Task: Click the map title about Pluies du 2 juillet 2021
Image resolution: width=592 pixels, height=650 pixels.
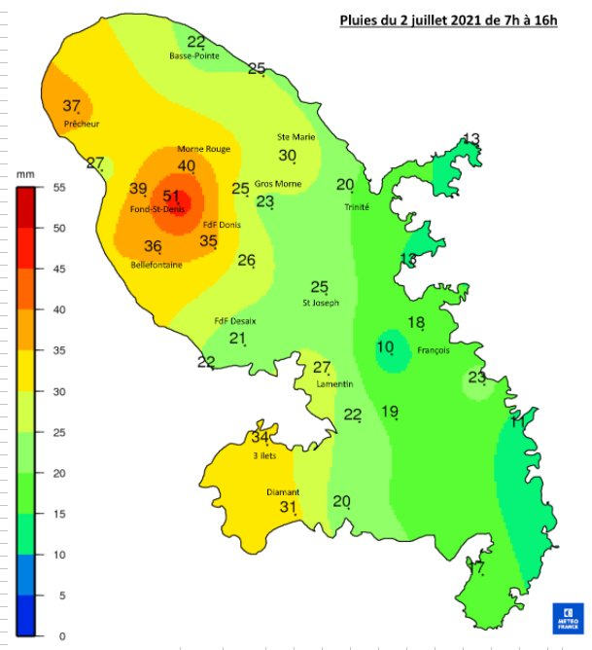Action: click(448, 18)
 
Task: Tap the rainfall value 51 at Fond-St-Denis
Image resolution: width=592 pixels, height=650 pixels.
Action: click(173, 196)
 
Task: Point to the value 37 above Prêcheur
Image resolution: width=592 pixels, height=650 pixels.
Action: click(71, 106)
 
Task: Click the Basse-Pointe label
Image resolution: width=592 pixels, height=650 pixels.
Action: click(194, 55)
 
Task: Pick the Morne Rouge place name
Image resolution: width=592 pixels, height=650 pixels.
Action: click(203, 149)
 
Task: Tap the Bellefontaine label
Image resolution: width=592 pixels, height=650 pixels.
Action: click(157, 264)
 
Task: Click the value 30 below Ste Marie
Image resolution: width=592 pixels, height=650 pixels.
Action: click(288, 156)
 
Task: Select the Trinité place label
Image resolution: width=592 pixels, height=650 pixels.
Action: click(357, 207)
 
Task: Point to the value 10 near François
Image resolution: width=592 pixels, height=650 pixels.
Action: click(386, 346)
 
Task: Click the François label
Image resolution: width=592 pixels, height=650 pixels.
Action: click(433, 350)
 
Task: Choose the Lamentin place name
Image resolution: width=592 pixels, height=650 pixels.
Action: click(334, 383)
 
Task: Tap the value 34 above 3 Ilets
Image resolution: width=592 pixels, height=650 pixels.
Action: click(259, 438)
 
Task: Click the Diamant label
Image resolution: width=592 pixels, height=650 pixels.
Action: click(283, 492)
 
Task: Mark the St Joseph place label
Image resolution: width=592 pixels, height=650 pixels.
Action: click(322, 303)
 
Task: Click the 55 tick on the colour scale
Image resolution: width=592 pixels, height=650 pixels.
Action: click(58, 188)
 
